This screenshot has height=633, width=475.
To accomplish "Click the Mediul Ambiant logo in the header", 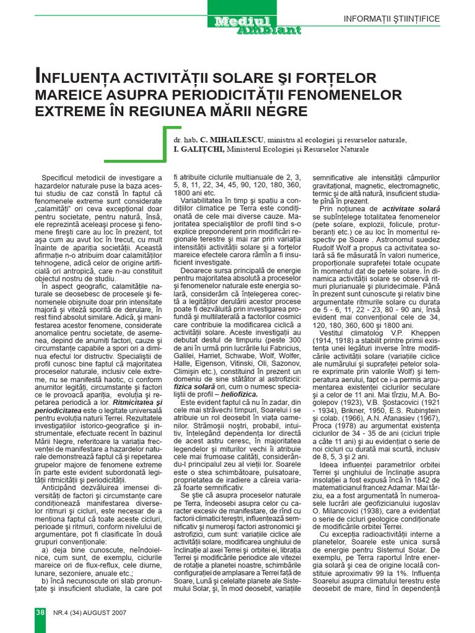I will tap(257, 25).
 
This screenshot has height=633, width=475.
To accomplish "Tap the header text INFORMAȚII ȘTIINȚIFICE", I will tap(392, 19).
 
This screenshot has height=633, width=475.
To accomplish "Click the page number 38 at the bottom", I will tap(39, 612).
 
